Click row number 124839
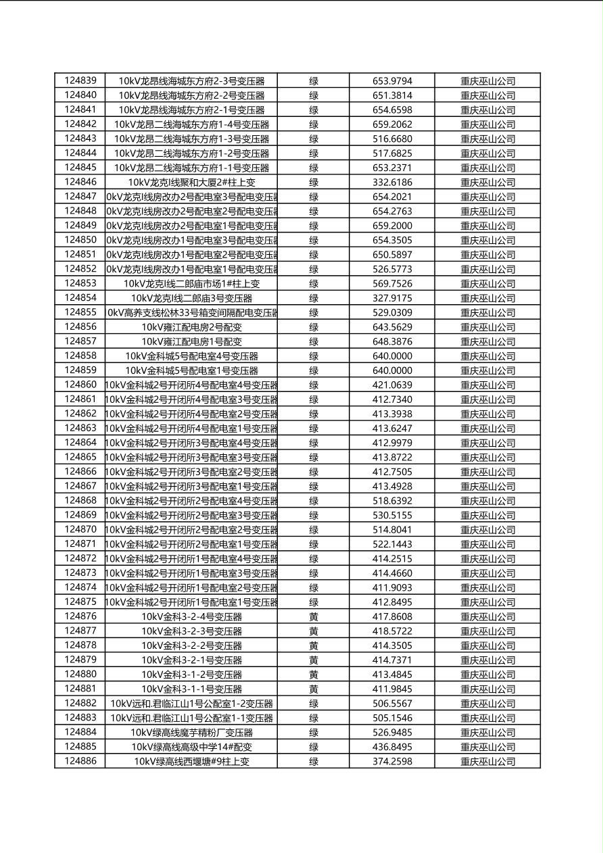click(80, 80)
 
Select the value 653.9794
click(392, 81)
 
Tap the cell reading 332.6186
click(392, 182)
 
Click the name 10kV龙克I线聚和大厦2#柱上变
click(191, 182)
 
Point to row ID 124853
click(80, 283)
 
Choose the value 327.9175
click(392, 298)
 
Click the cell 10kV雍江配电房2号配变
click(191, 327)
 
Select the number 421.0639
click(392, 385)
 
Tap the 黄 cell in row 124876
click(314, 616)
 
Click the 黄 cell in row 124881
click(314, 689)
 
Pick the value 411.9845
click(392, 689)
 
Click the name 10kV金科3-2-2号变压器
click(191, 645)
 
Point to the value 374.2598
click(392, 761)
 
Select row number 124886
click(80, 761)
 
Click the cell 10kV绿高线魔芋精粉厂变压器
click(191, 732)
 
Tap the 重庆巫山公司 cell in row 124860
click(487, 385)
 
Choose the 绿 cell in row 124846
click(314, 182)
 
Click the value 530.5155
click(392, 515)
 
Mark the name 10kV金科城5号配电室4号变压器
click(191, 356)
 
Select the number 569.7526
click(392, 284)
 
